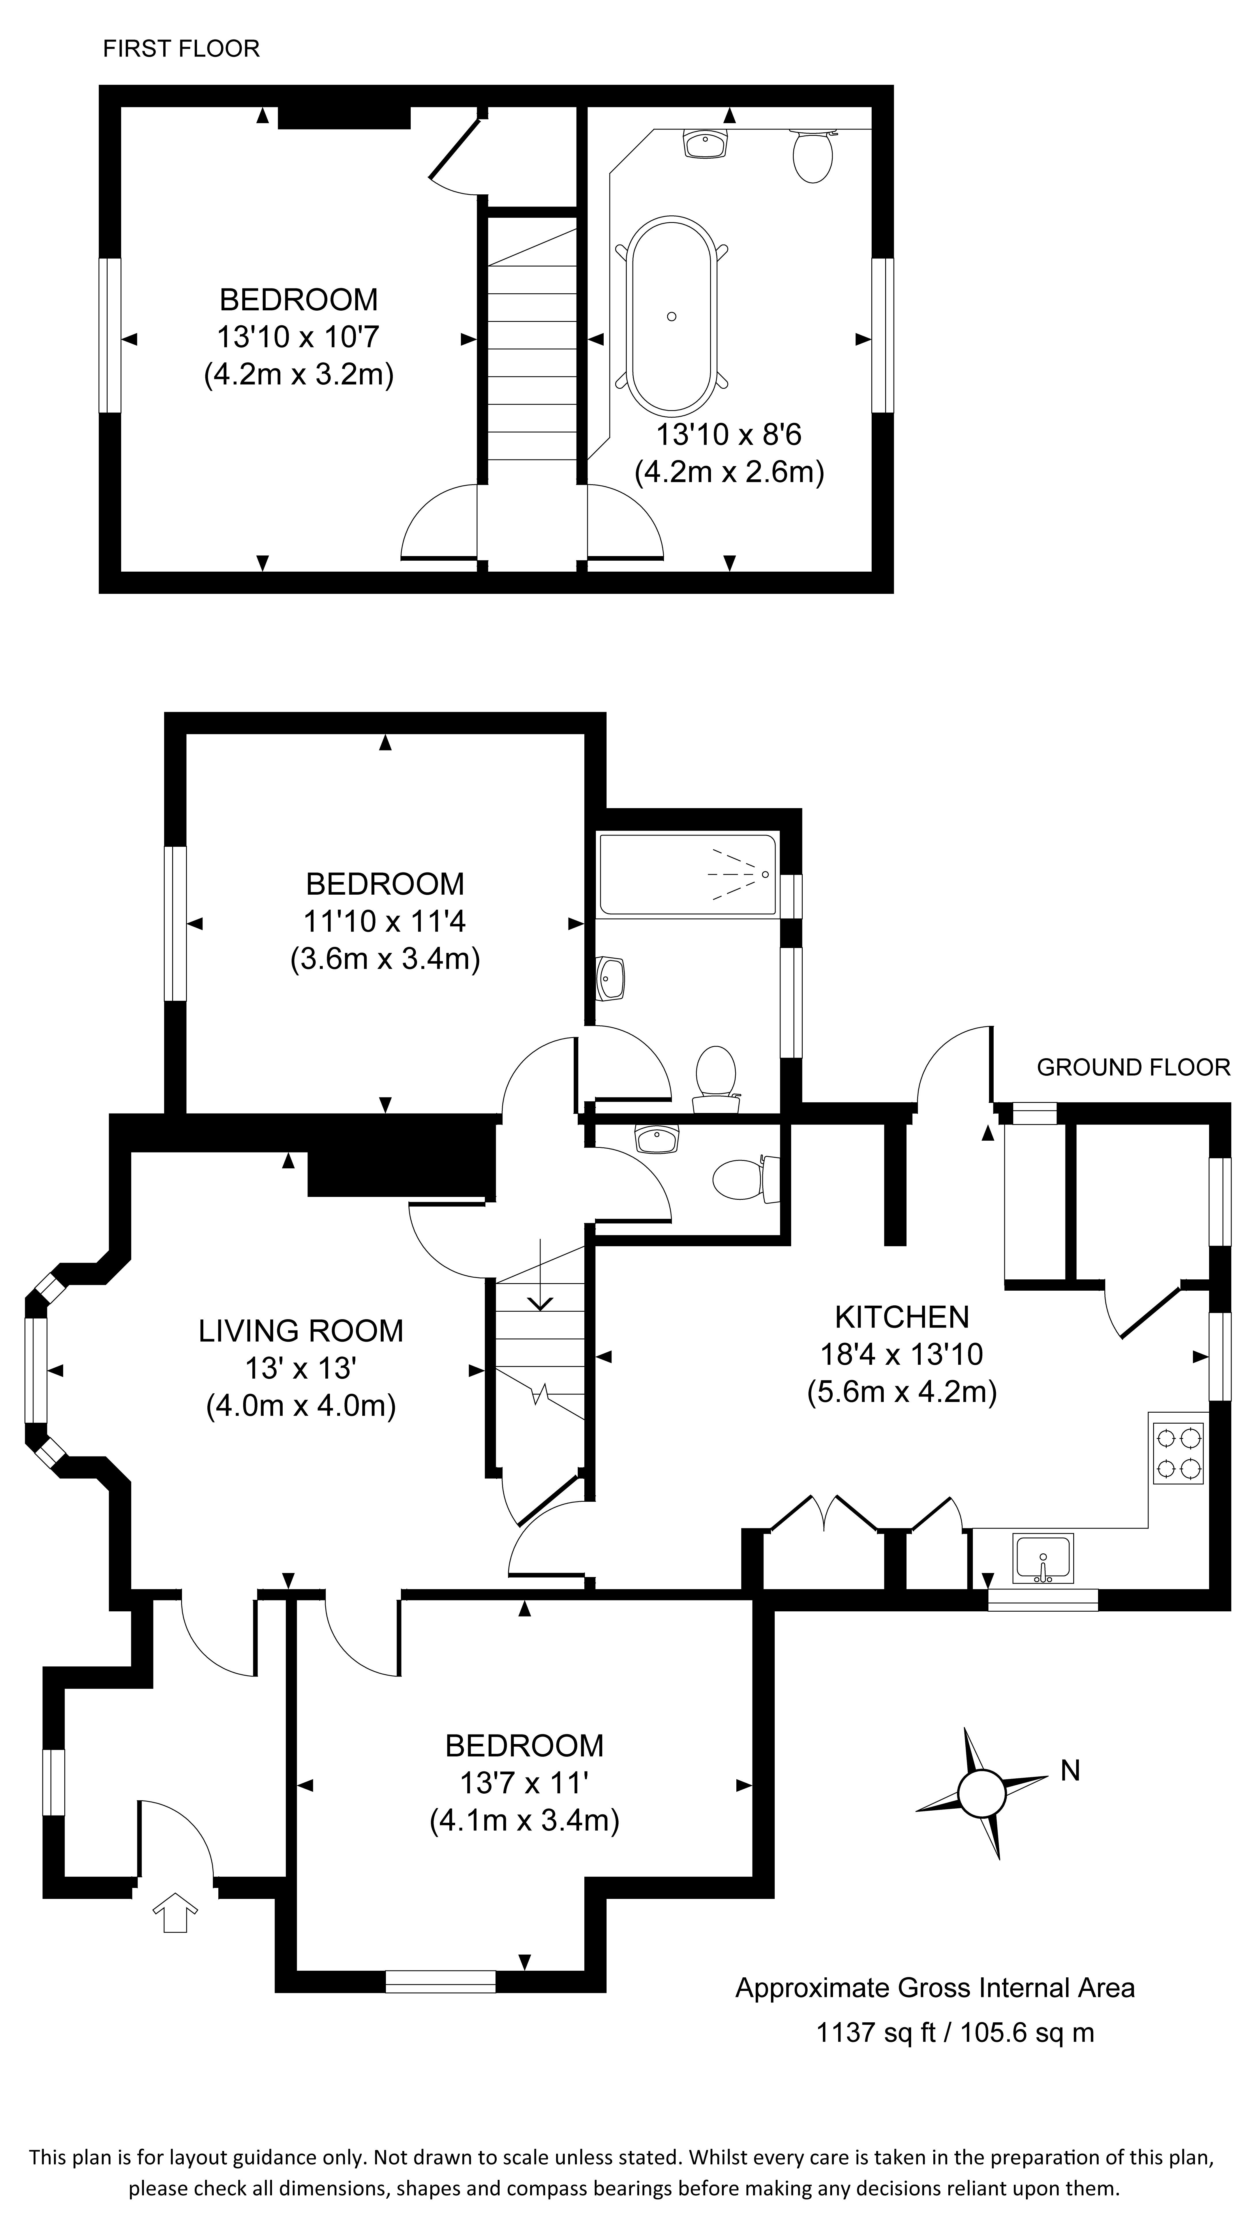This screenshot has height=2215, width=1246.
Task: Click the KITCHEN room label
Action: (x=901, y=1316)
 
